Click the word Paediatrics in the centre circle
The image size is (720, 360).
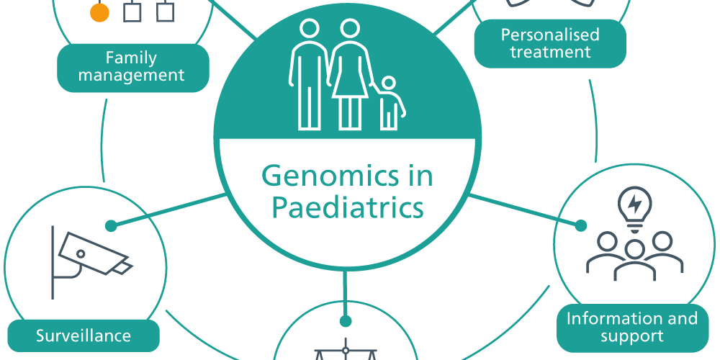348,207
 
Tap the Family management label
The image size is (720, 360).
133,68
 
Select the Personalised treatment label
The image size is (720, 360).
550,44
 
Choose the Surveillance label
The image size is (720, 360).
84,336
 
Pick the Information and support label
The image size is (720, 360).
632,328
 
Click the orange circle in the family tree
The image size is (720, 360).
99,12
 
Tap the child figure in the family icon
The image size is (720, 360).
390,103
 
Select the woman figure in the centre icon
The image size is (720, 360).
350,74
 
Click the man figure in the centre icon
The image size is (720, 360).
309,74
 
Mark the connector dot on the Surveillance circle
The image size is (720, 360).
111,226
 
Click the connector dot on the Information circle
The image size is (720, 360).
580,225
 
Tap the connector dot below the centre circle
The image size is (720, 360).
346,320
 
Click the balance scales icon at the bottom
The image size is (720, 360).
346,350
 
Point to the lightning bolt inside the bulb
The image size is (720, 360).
634,204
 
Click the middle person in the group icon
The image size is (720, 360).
634,260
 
